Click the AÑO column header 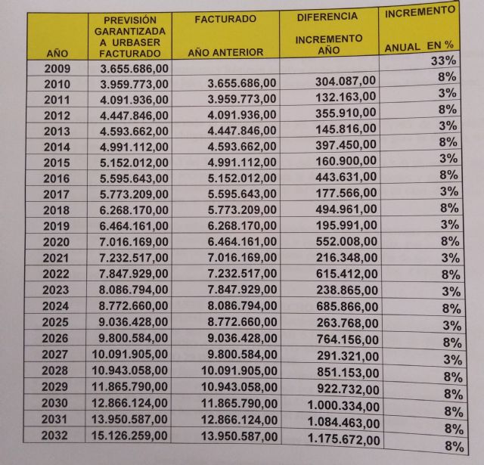57,54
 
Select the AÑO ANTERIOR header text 225,52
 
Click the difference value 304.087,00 343,84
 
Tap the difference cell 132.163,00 344,100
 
